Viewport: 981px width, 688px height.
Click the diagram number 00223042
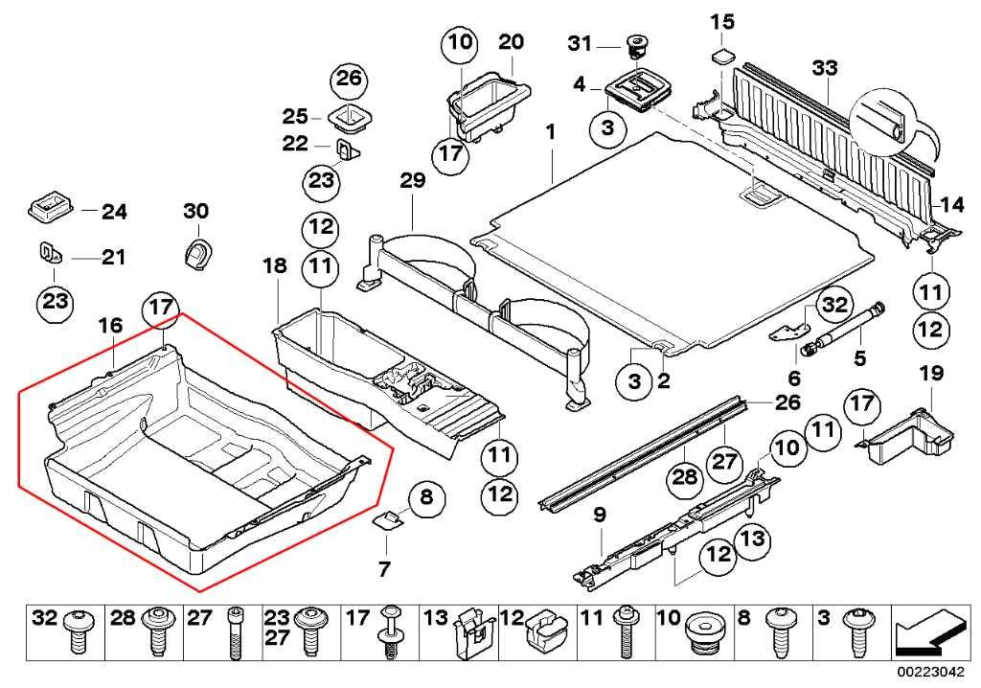[x=931, y=673]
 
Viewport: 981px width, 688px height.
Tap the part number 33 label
[x=825, y=68]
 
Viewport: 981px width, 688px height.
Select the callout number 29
[x=413, y=180]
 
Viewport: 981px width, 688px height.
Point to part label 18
[x=275, y=265]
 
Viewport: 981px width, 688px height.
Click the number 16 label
[x=110, y=326]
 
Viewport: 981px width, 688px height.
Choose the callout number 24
[x=115, y=212]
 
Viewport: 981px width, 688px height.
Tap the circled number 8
[x=426, y=497]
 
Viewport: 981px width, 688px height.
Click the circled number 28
[x=684, y=477]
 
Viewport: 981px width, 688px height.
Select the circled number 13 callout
[x=753, y=539]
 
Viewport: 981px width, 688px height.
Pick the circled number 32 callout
[x=834, y=305]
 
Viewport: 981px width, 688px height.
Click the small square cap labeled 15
[x=722, y=57]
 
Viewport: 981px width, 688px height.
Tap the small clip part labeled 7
[x=387, y=519]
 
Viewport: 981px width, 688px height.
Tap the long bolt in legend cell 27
[x=235, y=633]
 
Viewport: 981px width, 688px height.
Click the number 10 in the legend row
[x=668, y=618]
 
